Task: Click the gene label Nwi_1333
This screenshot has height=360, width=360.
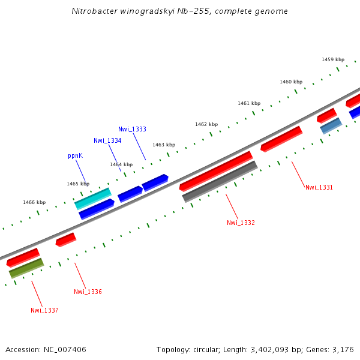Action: click(132, 129)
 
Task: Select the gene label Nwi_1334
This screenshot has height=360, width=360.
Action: click(107, 140)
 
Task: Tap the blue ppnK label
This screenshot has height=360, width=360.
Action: click(75, 155)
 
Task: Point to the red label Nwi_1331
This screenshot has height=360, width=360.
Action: click(319, 187)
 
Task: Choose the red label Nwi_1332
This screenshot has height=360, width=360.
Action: click(241, 223)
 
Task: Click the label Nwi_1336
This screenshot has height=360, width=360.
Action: click(88, 292)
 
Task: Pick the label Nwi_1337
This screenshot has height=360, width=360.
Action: click(44, 310)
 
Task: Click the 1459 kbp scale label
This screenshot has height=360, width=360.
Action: click(333, 59)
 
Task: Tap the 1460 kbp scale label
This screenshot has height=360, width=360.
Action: click(291, 82)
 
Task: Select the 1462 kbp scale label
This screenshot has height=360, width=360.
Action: click(206, 124)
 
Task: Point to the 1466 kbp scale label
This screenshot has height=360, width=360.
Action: click(34, 202)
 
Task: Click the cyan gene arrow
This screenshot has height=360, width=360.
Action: click(93, 198)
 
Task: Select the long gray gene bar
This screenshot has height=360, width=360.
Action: click(220, 181)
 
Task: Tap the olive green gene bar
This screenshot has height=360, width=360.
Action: click(26, 268)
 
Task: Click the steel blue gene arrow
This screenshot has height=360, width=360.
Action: click(331, 126)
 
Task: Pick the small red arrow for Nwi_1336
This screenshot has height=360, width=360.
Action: click(66, 239)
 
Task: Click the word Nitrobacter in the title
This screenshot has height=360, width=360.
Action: click(92, 11)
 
